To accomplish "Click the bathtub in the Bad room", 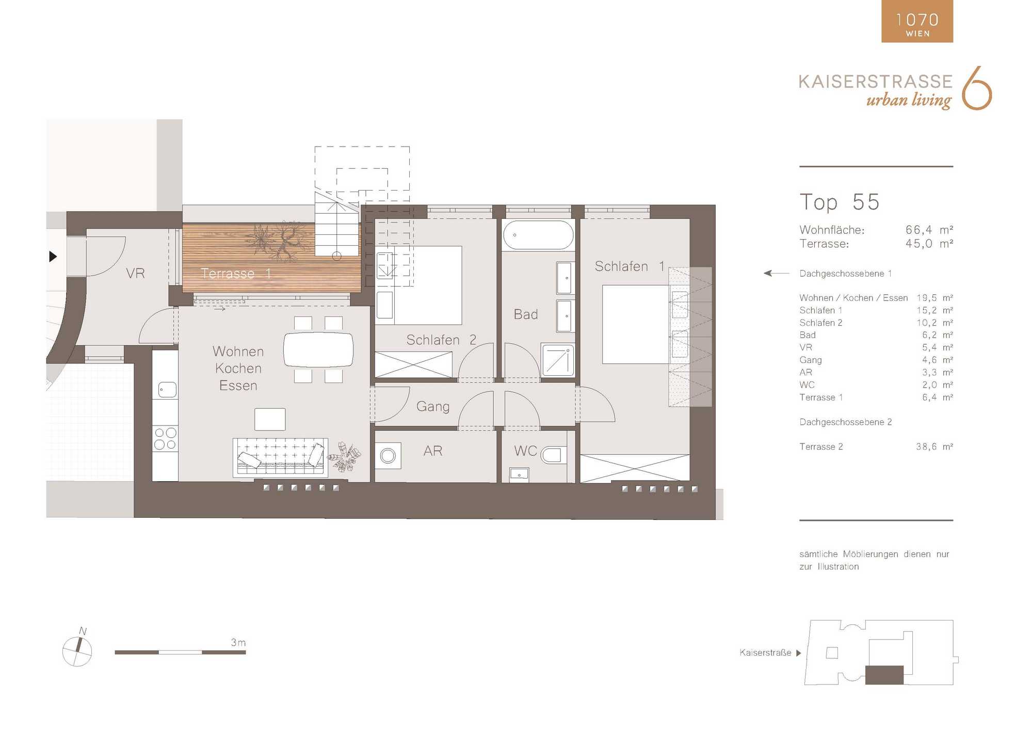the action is tap(538, 235).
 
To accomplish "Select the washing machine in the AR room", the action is tap(388, 455).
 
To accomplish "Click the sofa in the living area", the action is tap(280, 457).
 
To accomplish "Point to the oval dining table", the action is tap(318, 350).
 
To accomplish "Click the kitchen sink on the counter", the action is tap(167, 389).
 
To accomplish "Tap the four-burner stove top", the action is tap(165, 438).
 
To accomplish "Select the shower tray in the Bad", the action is tap(558, 360).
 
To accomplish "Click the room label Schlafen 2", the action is tap(441, 340).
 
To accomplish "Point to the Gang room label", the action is tap(433, 407).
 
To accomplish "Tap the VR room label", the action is tap(135, 274).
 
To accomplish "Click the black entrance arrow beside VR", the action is tap(53, 256).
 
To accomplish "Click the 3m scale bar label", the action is tap(238, 643).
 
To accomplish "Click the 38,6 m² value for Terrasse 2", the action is tap(934, 447).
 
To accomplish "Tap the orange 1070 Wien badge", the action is tap(917, 21).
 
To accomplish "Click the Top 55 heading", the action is tap(840, 202).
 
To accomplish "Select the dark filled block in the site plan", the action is tap(884, 675).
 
